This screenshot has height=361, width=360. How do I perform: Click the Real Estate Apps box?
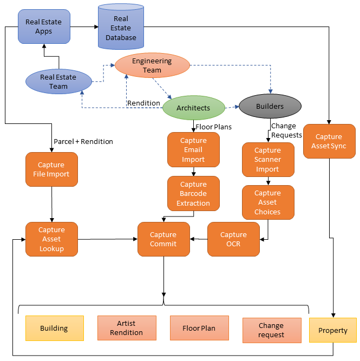(x=44, y=27)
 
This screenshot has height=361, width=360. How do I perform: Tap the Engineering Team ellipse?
(x=152, y=65)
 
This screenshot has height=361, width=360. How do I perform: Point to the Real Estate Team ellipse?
(x=58, y=82)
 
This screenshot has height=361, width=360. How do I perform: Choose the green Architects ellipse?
(x=193, y=108)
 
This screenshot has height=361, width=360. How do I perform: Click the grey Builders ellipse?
(x=269, y=106)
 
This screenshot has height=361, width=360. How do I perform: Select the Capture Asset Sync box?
(x=329, y=141)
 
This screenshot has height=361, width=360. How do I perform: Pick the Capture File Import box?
(x=51, y=169)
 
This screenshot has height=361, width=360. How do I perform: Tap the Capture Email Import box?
(x=193, y=150)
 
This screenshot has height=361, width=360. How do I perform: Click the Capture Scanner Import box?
(x=267, y=160)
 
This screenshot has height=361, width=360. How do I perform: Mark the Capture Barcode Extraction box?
(x=193, y=193)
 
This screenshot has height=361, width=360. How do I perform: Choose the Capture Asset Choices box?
(x=267, y=202)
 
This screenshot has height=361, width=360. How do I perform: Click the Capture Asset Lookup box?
(x=51, y=239)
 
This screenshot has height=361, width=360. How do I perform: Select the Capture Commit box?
(x=163, y=239)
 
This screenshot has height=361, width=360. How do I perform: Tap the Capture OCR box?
(x=233, y=239)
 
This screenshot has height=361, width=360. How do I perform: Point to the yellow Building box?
(x=54, y=329)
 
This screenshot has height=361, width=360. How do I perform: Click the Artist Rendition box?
(x=126, y=328)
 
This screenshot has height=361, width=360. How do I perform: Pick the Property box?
(x=332, y=330)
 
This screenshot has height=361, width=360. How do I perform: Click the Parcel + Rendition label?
(x=83, y=141)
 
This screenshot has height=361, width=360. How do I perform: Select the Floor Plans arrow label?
(x=213, y=127)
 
